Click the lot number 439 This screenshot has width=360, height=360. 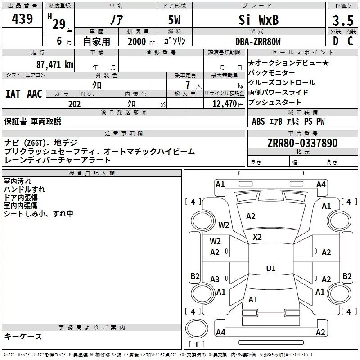point(22,19)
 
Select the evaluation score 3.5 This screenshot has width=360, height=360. point(343,21)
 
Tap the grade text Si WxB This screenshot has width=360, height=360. point(258,20)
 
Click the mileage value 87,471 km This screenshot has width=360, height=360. point(54,64)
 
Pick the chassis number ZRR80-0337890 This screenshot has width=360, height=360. point(302,143)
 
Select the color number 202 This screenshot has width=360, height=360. point(74,104)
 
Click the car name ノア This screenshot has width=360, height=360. point(116,20)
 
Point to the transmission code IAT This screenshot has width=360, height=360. point(13,94)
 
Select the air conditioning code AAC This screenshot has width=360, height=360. point(34,94)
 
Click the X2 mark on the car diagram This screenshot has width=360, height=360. point(257,237)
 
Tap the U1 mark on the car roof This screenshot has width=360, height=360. point(270,269)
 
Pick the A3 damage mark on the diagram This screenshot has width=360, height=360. point(215,279)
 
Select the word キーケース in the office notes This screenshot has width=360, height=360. point(23,336)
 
